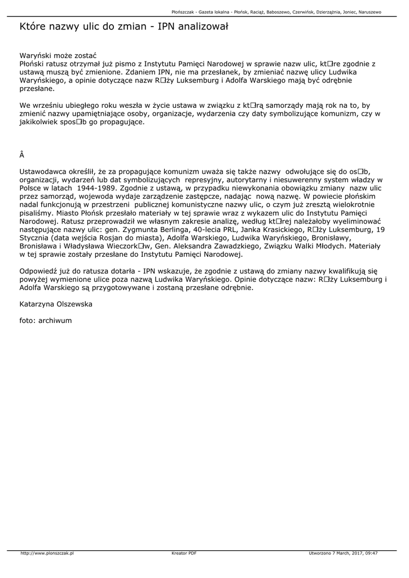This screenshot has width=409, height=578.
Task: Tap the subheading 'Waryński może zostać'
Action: tap(58, 55)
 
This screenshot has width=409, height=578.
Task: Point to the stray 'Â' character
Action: tap(22, 154)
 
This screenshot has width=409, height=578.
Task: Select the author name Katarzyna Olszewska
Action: tap(56, 304)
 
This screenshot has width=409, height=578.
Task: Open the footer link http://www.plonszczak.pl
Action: tap(47, 553)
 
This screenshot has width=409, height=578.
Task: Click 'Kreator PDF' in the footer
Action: tap(184, 553)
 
